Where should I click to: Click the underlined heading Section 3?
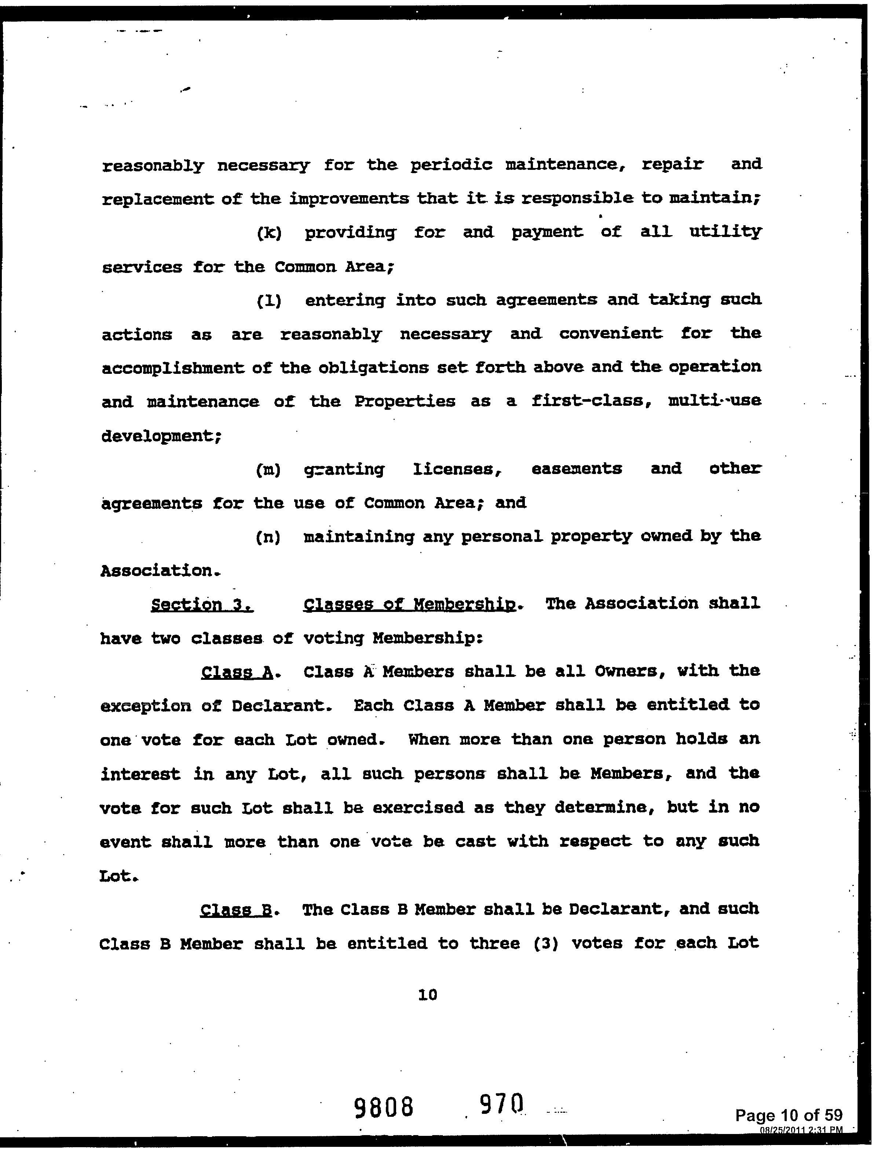point(202,605)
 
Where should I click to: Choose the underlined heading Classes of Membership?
point(409,605)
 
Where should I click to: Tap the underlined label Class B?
point(236,911)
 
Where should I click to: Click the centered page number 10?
point(427,995)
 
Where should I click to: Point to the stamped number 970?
point(502,1104)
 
